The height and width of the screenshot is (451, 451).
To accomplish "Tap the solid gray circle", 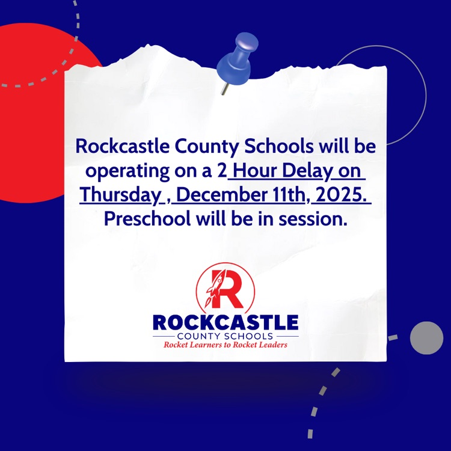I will (x=426, y=338).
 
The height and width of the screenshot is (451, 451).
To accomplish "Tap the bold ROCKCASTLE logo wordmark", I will (x=226, y=322).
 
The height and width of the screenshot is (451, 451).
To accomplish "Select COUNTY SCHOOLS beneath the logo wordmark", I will (x=226, y=336).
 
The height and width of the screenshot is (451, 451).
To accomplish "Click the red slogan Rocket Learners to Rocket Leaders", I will (x=226, y=345).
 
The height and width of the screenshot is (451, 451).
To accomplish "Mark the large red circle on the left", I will (x=30, y=120).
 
